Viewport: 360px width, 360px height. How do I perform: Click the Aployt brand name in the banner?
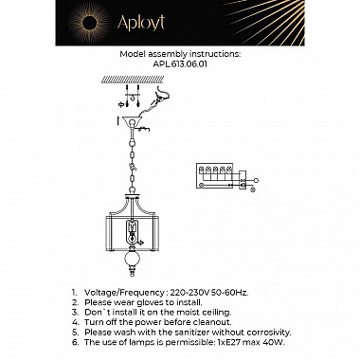pos(141,23)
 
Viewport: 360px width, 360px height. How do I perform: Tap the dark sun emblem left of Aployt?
pos(89,23)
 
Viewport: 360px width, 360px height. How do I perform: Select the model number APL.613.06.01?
pos(180,63)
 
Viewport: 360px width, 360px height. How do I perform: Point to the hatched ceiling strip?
pos(133,80)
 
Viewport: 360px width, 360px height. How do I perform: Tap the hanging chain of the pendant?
pos(133,161)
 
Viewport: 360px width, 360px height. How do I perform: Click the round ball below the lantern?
pos(133,258)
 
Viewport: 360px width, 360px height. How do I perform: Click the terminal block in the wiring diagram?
pos(215,175)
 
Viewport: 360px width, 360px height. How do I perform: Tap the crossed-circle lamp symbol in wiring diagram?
pos(253,189)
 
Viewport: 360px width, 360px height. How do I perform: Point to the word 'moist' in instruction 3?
pos(176,313)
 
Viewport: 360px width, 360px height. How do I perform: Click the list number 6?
pos(74,342)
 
